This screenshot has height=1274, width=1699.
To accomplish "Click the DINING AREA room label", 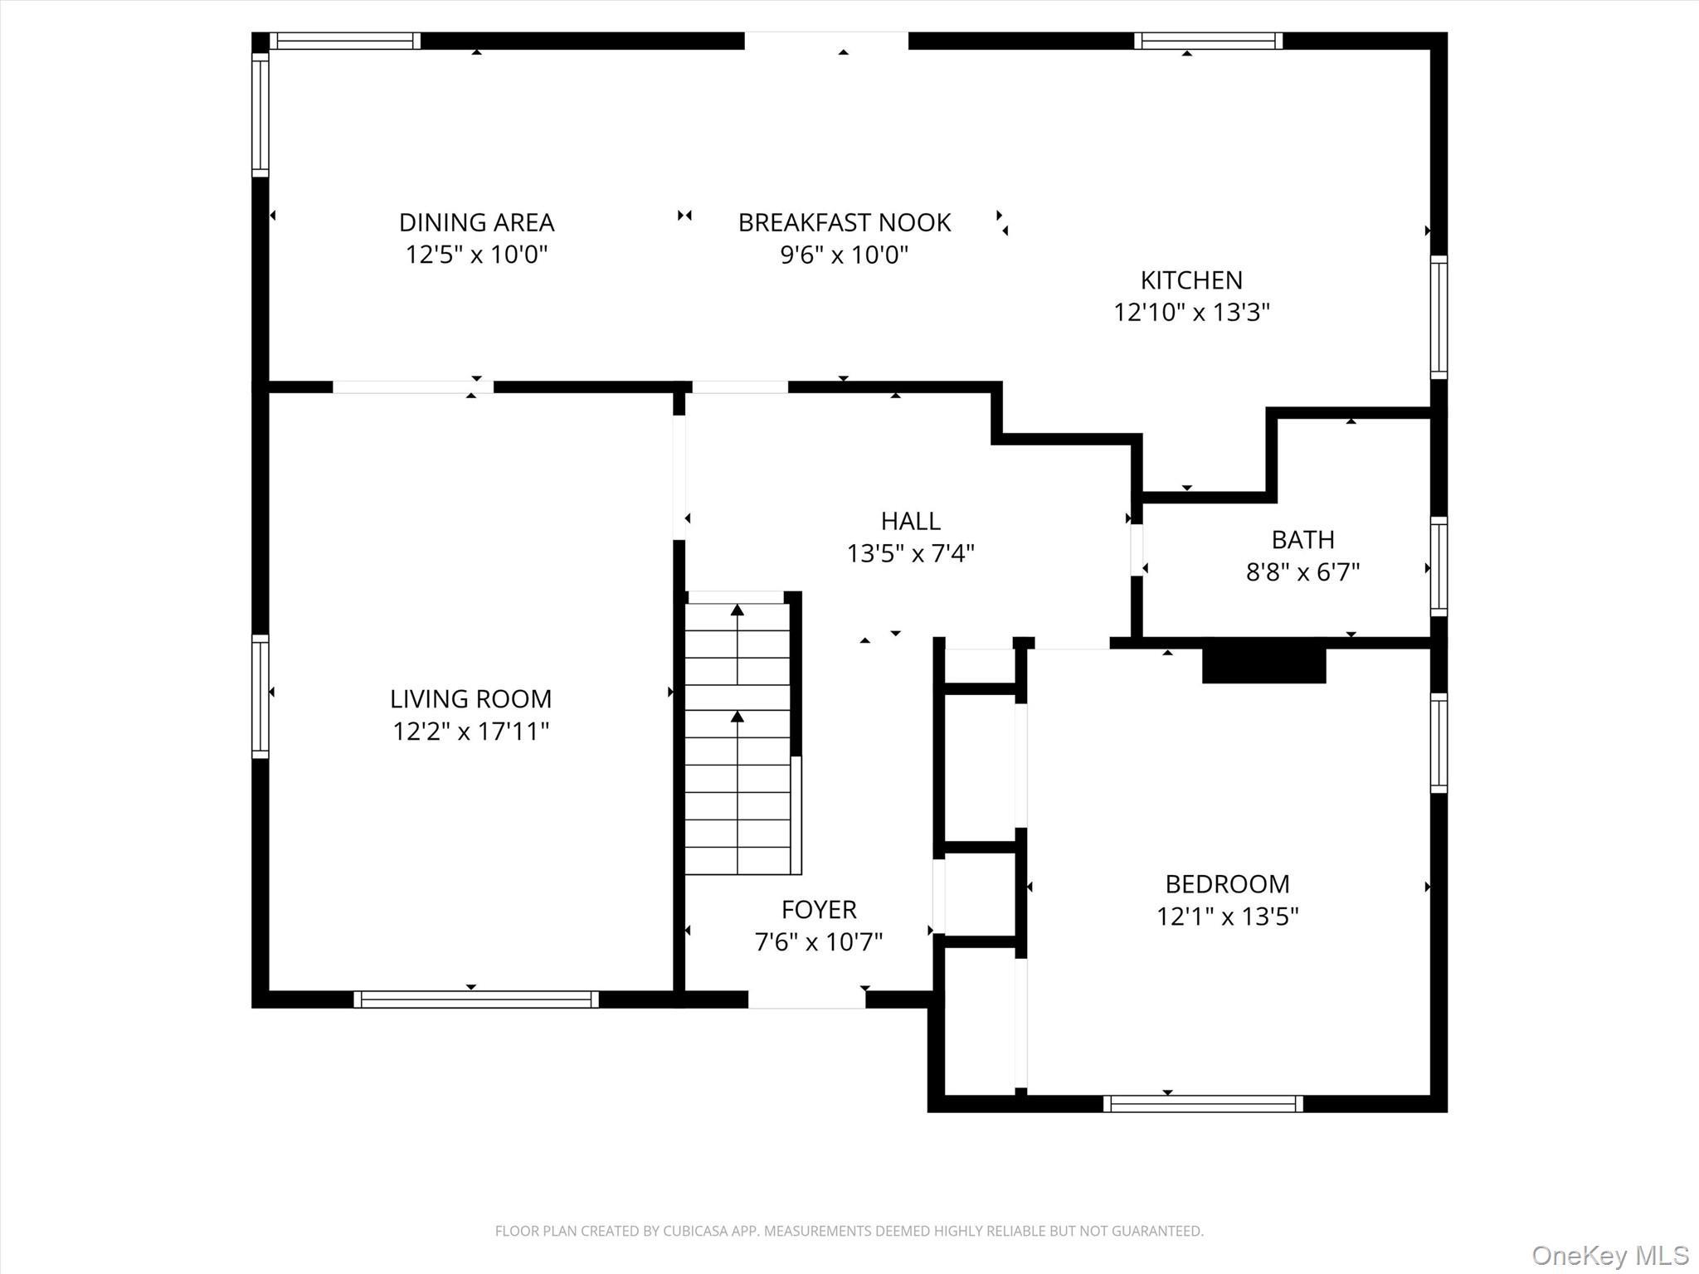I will coord(476,222).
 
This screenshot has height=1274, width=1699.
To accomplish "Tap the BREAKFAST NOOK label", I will coord(844,222).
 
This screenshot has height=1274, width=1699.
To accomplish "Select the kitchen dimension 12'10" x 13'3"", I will coord(1191,313).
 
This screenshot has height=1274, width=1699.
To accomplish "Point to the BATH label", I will coord(1302,540).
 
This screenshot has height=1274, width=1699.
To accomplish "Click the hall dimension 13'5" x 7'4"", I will coord(910,553).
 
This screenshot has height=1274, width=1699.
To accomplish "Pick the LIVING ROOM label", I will coord(470,699).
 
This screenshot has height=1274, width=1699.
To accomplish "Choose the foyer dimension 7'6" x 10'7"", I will coord(818,942).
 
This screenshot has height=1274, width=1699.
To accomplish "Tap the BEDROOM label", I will coord(1227,884).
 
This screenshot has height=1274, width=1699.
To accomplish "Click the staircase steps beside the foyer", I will coord(738,738).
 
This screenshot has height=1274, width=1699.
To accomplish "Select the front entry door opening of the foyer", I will coord(806,999).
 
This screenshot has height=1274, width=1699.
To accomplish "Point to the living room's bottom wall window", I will coord(476,999).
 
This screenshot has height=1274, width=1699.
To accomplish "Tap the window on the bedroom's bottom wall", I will coord(1203,1103).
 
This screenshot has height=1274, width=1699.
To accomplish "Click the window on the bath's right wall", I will coord(1439,566).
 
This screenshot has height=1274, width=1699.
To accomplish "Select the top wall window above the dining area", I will coord(344,41).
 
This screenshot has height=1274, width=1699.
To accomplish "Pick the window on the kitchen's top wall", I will coord(1208,41).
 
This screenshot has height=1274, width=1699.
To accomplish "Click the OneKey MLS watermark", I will coord(1609,1255).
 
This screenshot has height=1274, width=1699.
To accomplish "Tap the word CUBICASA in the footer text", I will coord(699,1232).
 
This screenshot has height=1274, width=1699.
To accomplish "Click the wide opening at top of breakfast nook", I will coord(826,41).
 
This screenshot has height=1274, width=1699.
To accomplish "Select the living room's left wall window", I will coord(260,697).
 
